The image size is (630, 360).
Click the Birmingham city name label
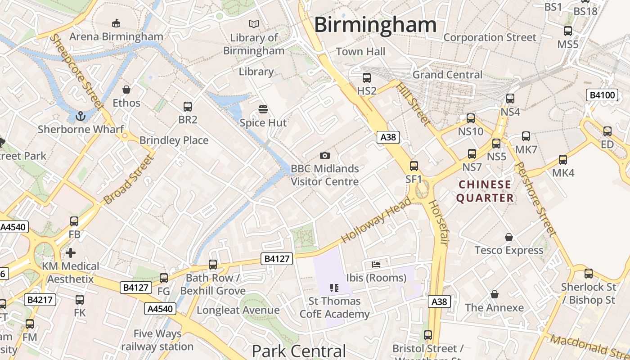[x=375, y=25]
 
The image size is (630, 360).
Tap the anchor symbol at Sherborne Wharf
[x=81, y=117]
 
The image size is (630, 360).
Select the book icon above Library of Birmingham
[x=254, y=24]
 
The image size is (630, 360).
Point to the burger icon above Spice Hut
[x=263, y=109]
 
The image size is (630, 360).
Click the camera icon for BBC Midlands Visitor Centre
[x=324, y=156]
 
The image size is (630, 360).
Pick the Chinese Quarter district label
[x=485, y=191]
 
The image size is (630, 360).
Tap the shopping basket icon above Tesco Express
[x=509, y=237]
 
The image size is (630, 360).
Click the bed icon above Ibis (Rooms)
[x=376, y=264]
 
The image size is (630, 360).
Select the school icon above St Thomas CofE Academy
[x=334, y=288]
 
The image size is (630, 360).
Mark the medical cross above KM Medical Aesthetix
[x=70, y=252]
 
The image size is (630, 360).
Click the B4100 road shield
[x=602, y=95]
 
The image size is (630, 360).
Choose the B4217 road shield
[x=40, y=300]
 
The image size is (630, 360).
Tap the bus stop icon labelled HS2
[x=366, y=78]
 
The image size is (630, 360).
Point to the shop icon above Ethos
[x=126, y=90]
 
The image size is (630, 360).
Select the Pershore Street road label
[x=535, y=199]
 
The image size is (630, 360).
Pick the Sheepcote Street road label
[x=75, y=71]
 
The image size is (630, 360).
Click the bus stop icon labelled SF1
[x=414, y=166]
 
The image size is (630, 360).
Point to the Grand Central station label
[x=447, y=75]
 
